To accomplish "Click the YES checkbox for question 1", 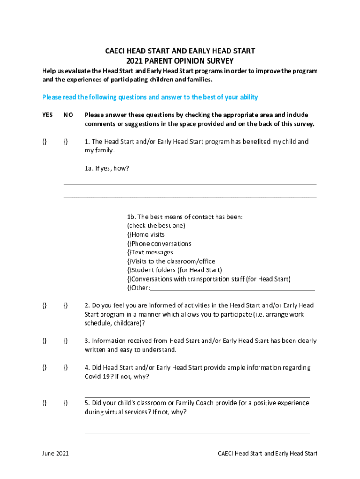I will point(44,142).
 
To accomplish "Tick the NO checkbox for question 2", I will point(66,305).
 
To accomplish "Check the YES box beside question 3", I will point(44,341).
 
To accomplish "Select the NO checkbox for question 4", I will point(66,368).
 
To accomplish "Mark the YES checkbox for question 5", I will point(44,403).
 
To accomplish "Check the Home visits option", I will point(130,235).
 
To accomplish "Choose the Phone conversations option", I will point(130,244).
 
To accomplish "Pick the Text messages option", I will point(130,253).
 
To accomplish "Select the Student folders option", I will point(130,270).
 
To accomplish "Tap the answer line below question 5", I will point(197,432).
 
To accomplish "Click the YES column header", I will point(48,115).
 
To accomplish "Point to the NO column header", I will point(68,115).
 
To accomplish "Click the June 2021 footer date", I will point(56,454).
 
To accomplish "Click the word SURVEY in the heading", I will point(219,61).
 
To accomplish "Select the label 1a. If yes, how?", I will point(107,169).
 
